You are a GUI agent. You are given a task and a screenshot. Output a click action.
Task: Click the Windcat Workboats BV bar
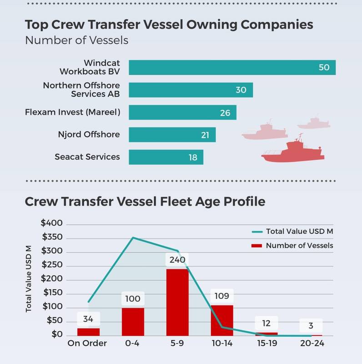coord(232,67)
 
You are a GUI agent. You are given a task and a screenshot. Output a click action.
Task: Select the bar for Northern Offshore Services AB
coord(191,90)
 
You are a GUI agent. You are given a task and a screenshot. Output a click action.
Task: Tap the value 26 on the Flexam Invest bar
coord(225,113)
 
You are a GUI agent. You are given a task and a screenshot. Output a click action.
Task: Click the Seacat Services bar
coord(166,157)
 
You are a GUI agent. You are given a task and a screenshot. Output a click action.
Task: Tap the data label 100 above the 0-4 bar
coord(133,299)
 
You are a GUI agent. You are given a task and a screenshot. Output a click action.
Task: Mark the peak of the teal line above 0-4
coord(133,237)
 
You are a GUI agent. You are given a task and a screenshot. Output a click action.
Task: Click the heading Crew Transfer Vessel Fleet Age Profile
coord(145,201)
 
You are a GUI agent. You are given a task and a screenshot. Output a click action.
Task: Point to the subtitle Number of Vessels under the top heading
coord(76,40)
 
